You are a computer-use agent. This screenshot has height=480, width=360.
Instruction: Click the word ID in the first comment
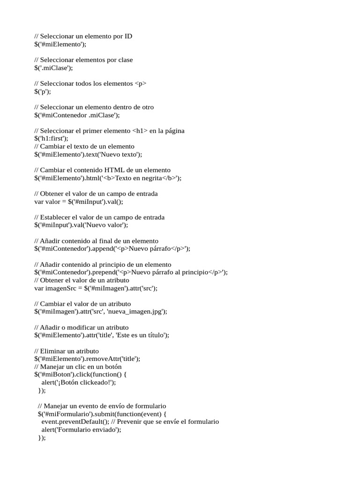127,36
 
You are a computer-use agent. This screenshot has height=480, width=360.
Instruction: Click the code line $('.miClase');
54,67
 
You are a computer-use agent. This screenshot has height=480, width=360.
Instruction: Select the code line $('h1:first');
51,138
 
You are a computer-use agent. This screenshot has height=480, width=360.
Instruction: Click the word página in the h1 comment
173,131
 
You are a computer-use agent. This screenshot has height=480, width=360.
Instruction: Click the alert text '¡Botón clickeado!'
84,382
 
